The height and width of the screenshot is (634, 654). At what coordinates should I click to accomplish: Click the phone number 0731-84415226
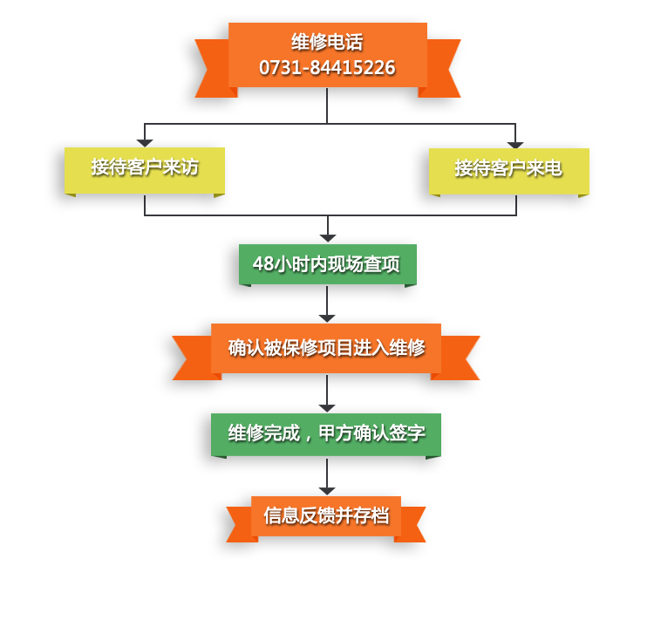coord(327,67)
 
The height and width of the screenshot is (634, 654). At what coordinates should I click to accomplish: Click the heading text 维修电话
coord(327,42)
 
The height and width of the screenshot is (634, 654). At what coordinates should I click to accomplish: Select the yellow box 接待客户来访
coord(145,167)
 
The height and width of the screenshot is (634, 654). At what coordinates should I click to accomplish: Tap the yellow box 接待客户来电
coord(508,168)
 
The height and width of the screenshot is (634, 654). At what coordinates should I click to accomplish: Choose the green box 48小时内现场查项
coord(327,263)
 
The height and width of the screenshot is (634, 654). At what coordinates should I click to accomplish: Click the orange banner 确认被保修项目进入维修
coord(326,347)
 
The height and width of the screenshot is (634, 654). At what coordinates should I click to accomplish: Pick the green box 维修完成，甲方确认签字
coord(326,433)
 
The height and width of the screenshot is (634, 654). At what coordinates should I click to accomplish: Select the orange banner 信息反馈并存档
coord(326,515)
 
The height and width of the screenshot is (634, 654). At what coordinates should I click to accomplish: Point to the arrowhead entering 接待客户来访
coord(145,143)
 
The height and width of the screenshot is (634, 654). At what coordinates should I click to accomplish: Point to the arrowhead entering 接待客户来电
coord(515,145)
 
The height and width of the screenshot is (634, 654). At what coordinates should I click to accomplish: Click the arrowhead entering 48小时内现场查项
coord(327,238)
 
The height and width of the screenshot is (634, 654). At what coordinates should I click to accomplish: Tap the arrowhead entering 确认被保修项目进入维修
coord(327,318)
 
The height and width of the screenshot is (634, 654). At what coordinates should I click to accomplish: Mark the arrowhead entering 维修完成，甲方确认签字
coord(327,408)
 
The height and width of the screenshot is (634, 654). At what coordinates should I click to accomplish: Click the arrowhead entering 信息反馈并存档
coord(327,491)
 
